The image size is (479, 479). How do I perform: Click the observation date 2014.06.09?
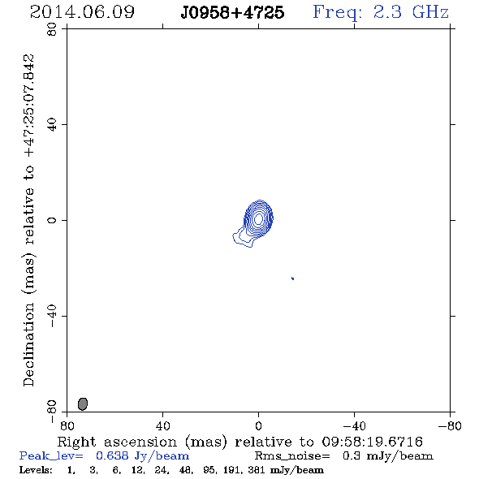tap(82, 12)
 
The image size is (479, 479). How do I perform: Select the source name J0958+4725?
tap(232, 12)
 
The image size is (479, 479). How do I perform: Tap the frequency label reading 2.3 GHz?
tap(411, 12)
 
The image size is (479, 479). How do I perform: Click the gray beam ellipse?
tap(83, 403)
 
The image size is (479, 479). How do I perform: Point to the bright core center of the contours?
tap(259, 218)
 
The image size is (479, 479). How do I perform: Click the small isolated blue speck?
tap(292, 278)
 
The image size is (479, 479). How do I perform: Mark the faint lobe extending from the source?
tap(242, 239)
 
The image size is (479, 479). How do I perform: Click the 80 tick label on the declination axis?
tap(52, 29)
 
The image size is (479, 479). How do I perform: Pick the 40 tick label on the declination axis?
tap(52, 125)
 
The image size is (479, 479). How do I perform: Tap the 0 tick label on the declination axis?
tap(52, 220)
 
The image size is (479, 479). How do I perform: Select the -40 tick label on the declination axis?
tap(52, 316)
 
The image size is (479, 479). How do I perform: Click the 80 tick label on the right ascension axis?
tap(67, 426)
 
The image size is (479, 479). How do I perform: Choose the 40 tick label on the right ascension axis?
tap(162, 426)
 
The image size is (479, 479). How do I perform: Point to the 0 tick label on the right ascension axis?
tap(258, 426)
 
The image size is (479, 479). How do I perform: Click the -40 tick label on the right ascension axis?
tap(354, 426)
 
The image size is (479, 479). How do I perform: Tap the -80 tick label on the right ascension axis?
tap(450, 426)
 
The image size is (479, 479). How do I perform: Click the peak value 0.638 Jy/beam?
tap(143, 455)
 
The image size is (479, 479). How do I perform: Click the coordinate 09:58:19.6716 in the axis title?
tap(373, 442)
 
